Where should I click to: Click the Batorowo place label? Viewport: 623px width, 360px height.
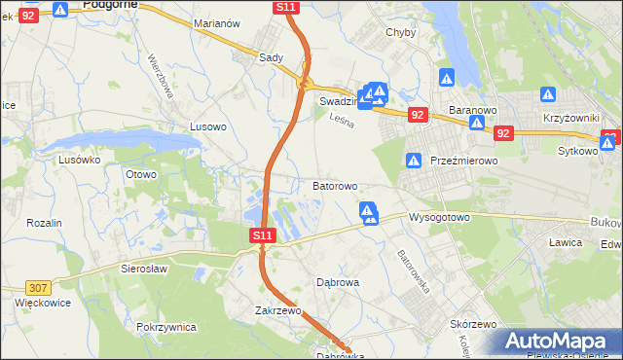pyautogui.click(x=335, y=185)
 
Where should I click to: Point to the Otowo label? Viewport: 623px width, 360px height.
pyautogui.click(x=141, y=175)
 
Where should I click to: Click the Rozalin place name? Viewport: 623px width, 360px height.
pyautogui.click(x=44, y=223)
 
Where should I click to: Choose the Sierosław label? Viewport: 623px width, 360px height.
pyautogui.click(x=144, y=268)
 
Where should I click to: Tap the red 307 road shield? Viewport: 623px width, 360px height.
pyautogui.click(x=39, y=288)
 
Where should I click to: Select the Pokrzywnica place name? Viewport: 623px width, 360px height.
pyautogui.click(x=167, y=328)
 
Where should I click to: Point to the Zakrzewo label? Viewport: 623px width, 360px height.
pyautogui.click(x=275, y=311)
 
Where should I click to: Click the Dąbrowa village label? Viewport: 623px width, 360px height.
pyautogui.click(x=339, y=282)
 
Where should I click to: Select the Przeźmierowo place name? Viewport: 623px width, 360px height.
pyautogui.click(x=463, y=162)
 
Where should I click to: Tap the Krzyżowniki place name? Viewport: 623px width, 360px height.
pyautogui.click(x=570, y=117)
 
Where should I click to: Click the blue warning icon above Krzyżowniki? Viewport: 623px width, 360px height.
pyautogui.click(x=548, y=96)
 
